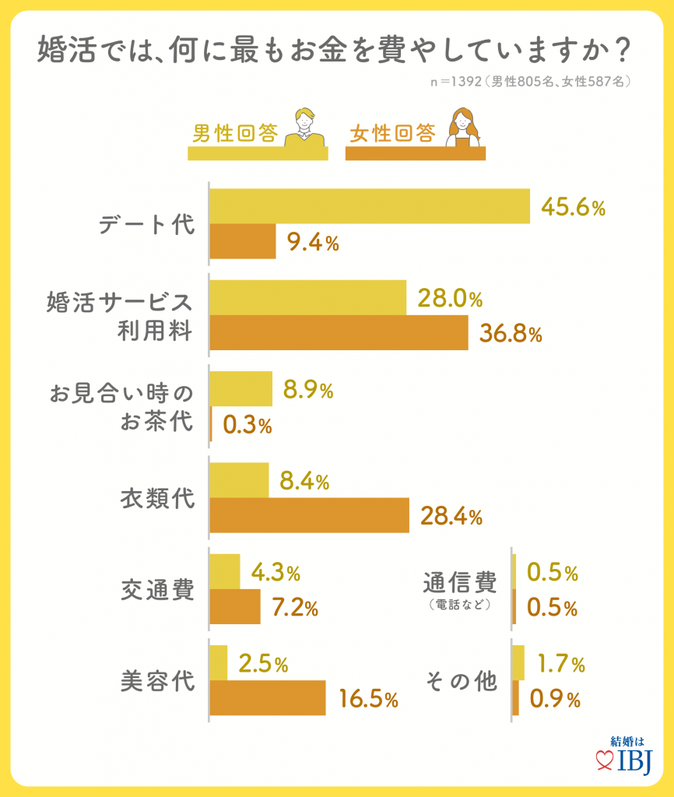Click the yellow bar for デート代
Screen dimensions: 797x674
coord(370,206)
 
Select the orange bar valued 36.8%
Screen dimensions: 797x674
coord(339,333)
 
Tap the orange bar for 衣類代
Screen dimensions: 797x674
coord(310,515)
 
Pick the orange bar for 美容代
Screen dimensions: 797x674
coord(268,698)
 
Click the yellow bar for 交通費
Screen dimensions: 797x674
coord(225,572)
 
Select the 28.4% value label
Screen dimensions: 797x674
coord(451,515)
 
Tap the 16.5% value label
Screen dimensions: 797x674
coord(369,699)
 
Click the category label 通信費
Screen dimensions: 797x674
coord(459,583)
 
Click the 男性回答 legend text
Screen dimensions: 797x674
coord(235,134)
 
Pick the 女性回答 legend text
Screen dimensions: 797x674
coord(392,134)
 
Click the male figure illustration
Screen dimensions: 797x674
coord(304,128)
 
